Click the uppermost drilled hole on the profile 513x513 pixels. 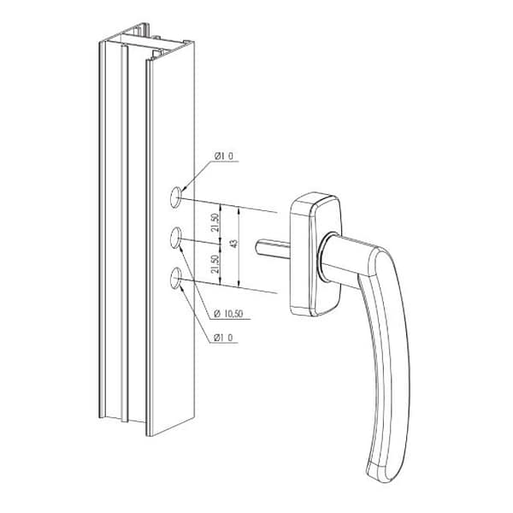(176, 197)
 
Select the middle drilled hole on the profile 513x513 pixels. (176, 237)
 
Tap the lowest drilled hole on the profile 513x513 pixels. (176, 278)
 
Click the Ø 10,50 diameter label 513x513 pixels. (228, 314)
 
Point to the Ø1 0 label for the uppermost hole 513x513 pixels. (224, 156)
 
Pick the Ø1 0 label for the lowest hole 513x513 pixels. (223, 338)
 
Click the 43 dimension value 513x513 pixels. (233, 244)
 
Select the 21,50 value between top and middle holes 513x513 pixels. (215, 222)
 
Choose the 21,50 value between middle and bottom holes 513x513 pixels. (215, 264)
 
